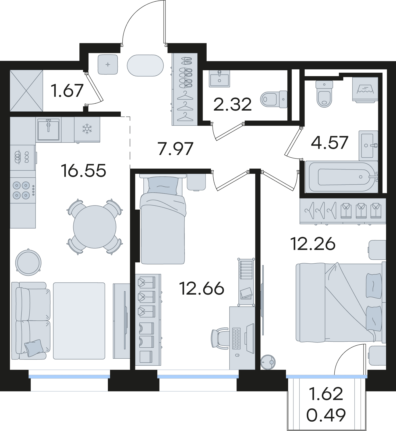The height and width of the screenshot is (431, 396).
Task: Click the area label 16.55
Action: coord(83,171)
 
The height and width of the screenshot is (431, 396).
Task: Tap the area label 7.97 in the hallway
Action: coord(175,149)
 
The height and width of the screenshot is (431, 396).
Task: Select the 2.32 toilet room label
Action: coord(232,104)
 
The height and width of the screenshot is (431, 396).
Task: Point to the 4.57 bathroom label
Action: coord(330,143)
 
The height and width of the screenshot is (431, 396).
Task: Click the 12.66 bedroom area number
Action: coord(201,288)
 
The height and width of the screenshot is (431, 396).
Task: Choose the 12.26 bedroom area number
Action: coord(313,244)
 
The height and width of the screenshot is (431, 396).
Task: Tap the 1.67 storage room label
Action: coord(67,90)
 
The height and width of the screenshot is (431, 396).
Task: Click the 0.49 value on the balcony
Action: coord(326,415)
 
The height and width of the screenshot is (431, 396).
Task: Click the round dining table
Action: coord(95,227)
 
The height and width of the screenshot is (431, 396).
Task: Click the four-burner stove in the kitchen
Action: coord(23,190)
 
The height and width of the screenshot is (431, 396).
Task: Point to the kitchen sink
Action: coord(48,130)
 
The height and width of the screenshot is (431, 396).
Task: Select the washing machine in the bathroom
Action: coord(365,90)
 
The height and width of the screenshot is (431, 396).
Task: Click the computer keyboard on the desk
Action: coord(236,338)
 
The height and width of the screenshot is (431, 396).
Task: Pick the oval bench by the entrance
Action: coord(145,65)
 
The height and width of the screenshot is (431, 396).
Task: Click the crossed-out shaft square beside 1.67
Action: coord(26,91)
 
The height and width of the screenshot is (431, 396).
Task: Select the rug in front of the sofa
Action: coord(79,321)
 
